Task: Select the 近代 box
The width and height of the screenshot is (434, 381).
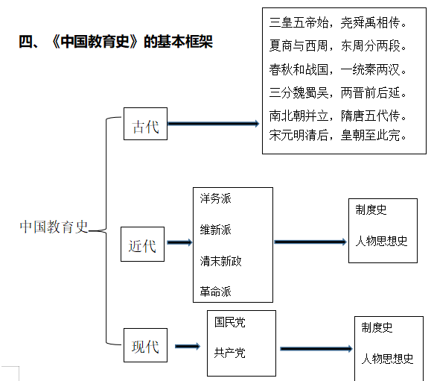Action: pyautogui.click(x=142, y=245)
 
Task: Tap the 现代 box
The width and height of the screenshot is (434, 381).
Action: pyautogui.click(x=144, y=346)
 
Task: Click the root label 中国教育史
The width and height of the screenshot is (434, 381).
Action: pyautogui.click(x=54, y=227)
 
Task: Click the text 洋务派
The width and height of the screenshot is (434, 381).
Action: pyautogui.click(x=215, y=199)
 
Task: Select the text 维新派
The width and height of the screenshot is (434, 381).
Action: pyautogui.click(x=215, y=230)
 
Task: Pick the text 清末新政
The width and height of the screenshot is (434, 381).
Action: pyautogui.click(x=220, y=261)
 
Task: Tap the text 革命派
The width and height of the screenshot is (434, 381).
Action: pyautogui.click(x=215, y=292)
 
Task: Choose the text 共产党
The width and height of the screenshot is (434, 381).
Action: pyautogui.click(x=229, y=353)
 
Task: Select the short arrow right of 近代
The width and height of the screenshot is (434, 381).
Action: pyautogui.click(x=179, y=242)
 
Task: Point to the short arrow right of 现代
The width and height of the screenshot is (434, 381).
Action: pyautogui.click(x=187, y=346)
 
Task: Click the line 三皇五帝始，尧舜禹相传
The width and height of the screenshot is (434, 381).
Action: pyautogui.click(x=337, y=23)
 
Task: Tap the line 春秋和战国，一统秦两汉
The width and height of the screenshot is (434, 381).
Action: pyautogui.click(x=337, y=69)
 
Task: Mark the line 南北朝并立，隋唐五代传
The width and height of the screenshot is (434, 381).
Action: pyautogui.click(x=337, y=116)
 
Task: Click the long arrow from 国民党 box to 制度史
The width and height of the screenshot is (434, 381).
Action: pyautogui.click(x=316, y=348)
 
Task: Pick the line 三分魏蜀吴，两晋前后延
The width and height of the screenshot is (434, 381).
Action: pyautogui.click(x=337, y=93)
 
